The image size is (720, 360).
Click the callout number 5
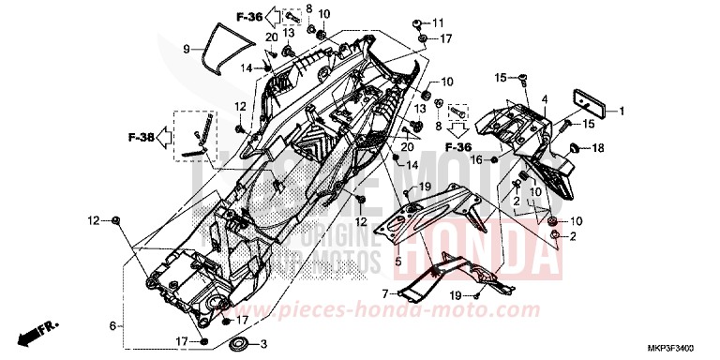point(112,325)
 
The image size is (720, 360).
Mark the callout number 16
point(475,160)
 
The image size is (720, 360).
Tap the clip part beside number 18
point(576,148)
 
